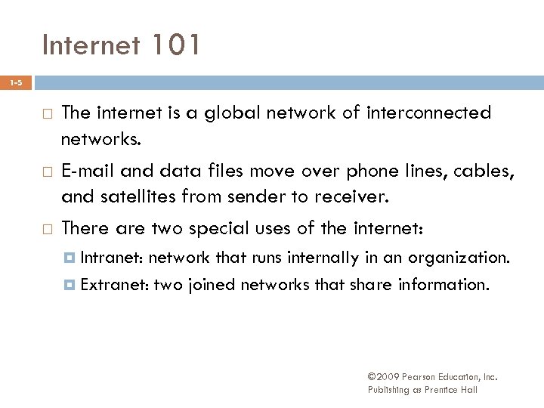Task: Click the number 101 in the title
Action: [x=176, y=46]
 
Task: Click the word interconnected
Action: [x=428, y=113]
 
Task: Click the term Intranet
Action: [x=112, y=258]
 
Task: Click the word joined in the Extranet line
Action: [x=209, y=285]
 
